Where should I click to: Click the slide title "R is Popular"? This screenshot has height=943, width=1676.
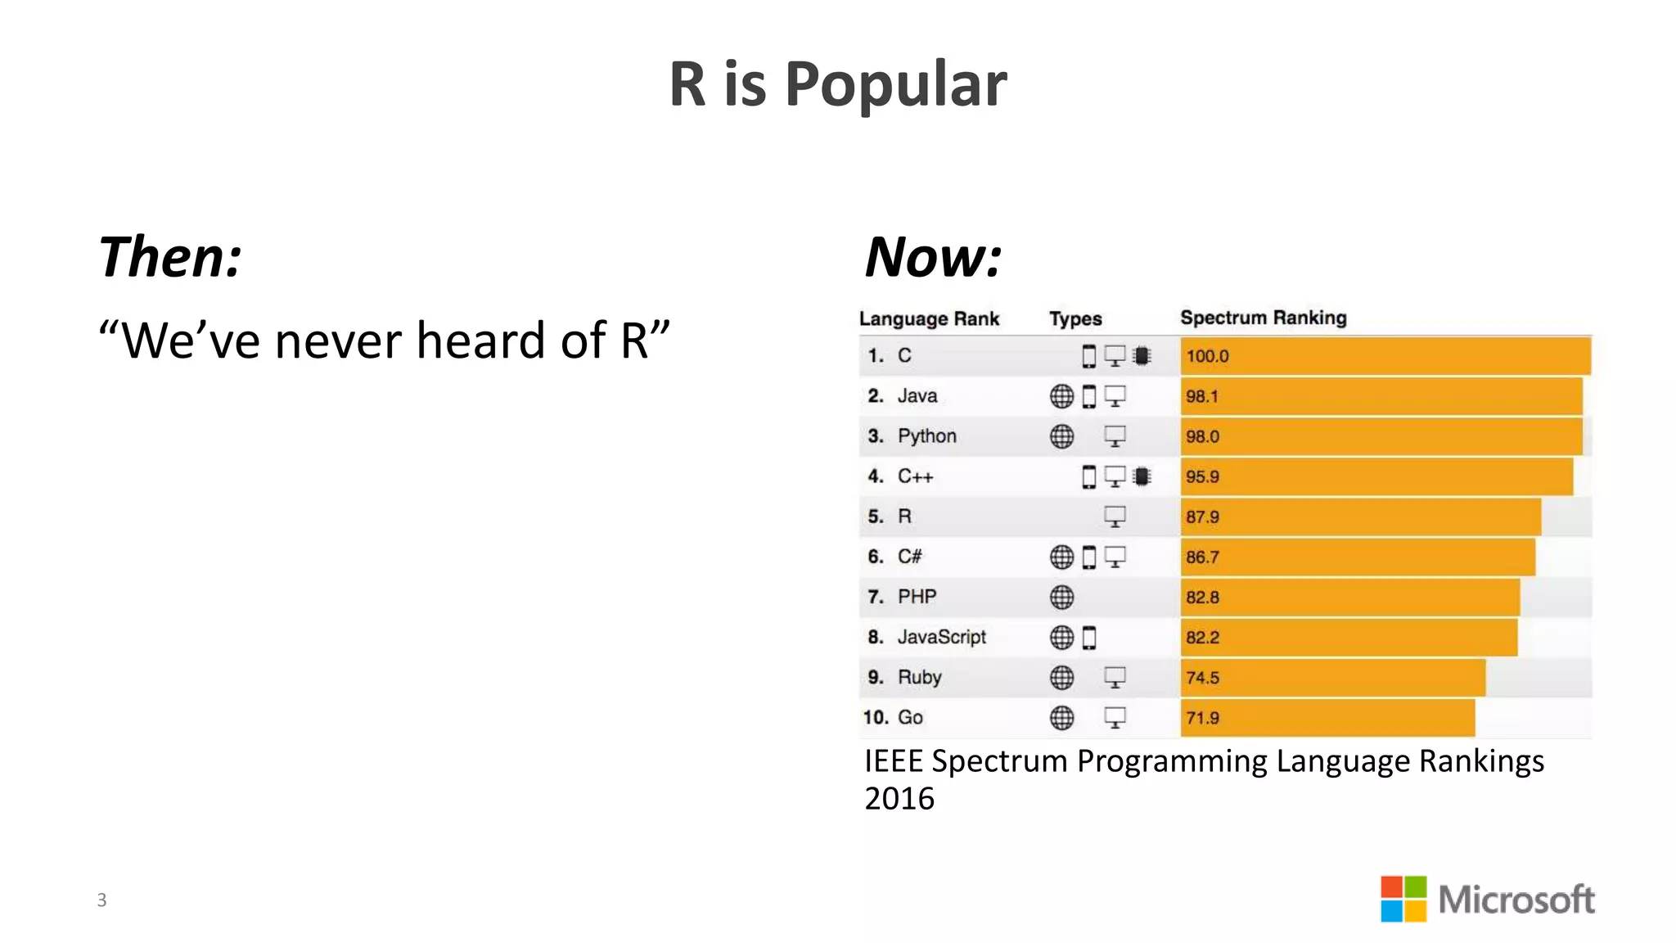point(838,84)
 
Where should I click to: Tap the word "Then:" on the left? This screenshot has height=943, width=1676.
point(170,258)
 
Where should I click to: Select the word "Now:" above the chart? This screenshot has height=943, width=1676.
point(934,258)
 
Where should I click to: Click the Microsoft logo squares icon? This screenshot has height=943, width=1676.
point(1403,899)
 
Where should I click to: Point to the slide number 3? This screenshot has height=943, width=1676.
point(101,900)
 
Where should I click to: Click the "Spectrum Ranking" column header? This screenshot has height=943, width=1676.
point(1263,318)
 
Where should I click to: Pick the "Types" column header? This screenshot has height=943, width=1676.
point(1075,318)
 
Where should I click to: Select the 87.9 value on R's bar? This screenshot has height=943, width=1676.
point(1202,517)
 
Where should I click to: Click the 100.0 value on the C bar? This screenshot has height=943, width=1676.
point(1207,356)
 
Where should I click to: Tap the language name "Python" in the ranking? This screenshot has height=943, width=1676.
point(926,436)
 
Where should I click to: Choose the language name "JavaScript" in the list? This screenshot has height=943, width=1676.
point(941,637)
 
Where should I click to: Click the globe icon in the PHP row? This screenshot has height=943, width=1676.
point(1061,598)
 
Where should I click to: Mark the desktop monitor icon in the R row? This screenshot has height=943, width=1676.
point(1115,517)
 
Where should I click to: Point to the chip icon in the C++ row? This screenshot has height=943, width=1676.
point(1142,476)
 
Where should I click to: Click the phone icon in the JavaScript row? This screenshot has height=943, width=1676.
point(1089,638)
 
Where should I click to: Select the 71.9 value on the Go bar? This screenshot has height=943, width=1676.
point(1202,718)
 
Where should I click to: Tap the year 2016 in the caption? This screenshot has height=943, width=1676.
point(899,798)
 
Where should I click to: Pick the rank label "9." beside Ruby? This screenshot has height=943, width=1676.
point(876,678)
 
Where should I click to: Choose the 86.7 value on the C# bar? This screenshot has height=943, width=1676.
point(1202,557)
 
